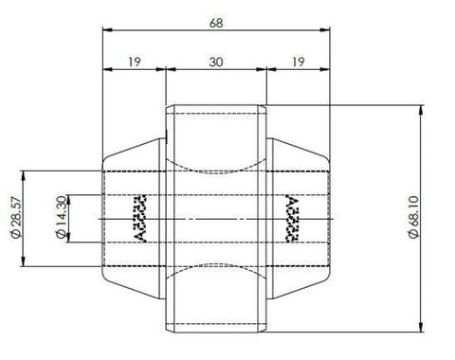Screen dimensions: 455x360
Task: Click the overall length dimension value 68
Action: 216,23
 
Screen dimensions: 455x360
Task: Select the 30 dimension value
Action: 216,62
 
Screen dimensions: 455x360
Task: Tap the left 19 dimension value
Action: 135,62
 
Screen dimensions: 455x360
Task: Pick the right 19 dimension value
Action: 298,62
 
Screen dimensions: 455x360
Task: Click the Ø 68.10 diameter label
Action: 414,217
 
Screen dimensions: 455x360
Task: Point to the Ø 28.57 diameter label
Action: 16,217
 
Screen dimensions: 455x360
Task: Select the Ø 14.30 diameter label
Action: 61,217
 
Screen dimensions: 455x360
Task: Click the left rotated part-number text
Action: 140,219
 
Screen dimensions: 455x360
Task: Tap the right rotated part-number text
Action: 292,218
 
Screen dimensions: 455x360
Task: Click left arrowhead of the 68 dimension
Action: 107,30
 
